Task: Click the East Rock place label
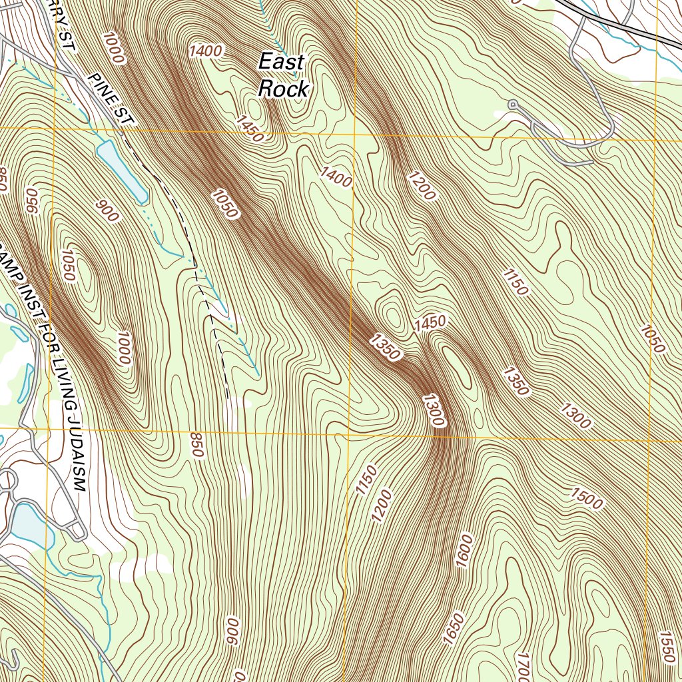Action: pos(282,75)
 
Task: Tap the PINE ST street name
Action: pos(111,100)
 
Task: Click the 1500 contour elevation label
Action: pos(586,498)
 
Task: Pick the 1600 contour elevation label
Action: pos(465,550)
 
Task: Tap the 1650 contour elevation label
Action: pos(454,629)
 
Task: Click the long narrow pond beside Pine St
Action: pos(122,172)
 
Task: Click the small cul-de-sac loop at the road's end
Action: pos(513,105)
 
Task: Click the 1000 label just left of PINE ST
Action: pos(113,47)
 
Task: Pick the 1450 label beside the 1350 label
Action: pos(428,324)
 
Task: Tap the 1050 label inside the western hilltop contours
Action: pos(69,265)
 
